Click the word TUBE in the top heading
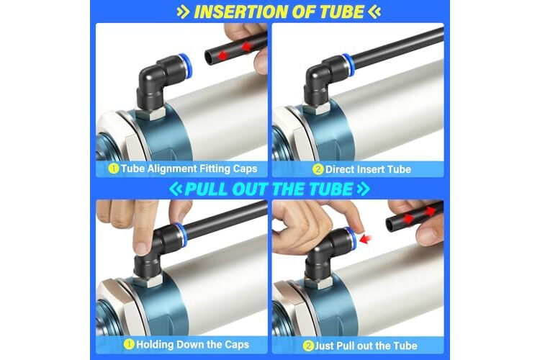pyautogui.click(x=342, y=12)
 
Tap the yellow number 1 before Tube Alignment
pyautogui.click(x=114, y=168)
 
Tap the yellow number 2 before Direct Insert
pyautogui.click(x=318, y=169)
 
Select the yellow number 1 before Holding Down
pyautogui.click(x=129, y=344)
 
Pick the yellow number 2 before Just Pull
pyautogui.click(x=308, y=346)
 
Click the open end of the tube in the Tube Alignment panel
pyautogui.click(x=209, y=56)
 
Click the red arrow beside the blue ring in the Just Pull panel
pyautogui.click(x=366, y=238)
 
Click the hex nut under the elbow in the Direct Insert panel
pyautogui.click(x=318, y=109)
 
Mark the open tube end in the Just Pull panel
pyautogui.click(x=390, y=224)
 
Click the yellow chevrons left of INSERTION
pyautogui.click(x=183, y=12)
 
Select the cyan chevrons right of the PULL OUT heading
pyautogui.click(x=364, y=189)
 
